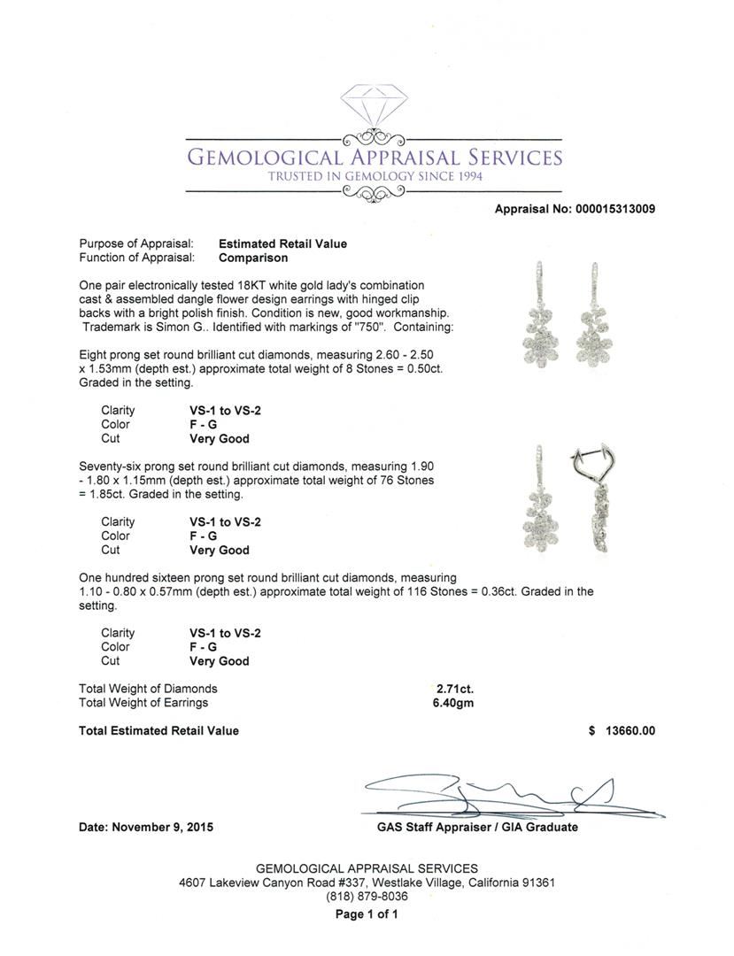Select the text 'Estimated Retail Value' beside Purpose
pyautogui.click(x=282, y=243)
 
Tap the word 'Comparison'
pyautogui.click(x=253, y=258)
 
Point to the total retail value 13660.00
pyautogui.click(x=630, y=731)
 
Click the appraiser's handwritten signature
pyautogui.click(x=496, y=792)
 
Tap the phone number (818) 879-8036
pyautogui.click(x=367, y=898)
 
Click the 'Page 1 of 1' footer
pyautogui.click(x=367, y=915)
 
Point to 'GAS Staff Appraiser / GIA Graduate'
pyautogui.click(x=477, y=828)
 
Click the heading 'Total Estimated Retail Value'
pyautogui.click(x=158, y=731)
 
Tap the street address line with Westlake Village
pyautogui.click(x=367, y=883)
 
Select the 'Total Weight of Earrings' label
pyautogui.click(x=143, y=703)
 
